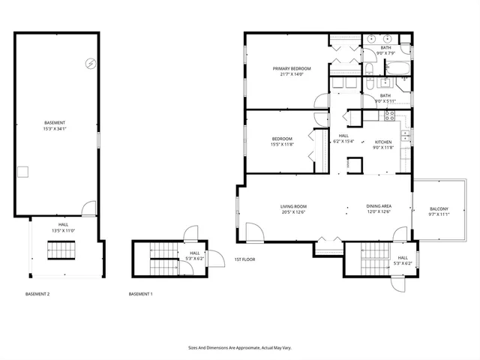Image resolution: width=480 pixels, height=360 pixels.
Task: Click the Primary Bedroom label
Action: point(291,68)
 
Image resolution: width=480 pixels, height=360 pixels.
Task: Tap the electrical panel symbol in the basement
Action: point(90,64)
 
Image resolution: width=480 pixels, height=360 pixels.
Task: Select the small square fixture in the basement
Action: point(23,172)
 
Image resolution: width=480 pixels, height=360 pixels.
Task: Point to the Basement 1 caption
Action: point(140,294)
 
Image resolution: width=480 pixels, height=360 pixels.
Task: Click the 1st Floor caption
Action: point(244,259)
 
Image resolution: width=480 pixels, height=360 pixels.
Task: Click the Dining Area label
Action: point(379,206)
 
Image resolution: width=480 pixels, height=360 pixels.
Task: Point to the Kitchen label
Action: point(383,142)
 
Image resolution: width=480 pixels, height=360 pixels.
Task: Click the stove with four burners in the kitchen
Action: point(389,115)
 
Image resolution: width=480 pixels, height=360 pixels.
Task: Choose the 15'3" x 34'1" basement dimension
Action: point(54,128)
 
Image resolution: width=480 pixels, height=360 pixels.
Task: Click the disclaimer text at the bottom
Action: point(239,347)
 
